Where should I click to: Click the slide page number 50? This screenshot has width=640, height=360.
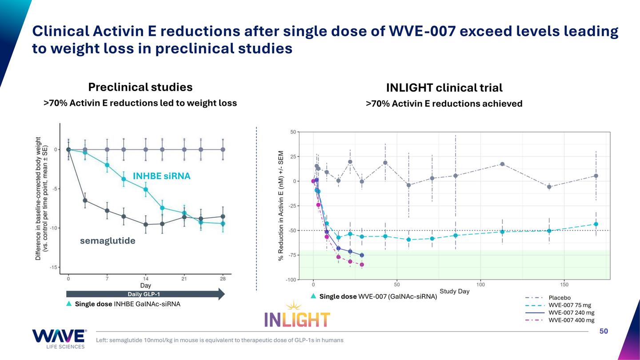(x=604, y=331)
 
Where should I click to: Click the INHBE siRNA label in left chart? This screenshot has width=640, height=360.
(x=162, y=176)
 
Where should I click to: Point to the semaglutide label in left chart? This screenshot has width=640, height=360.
(x=108, y=241)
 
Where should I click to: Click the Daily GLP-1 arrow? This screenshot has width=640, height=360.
(x=145, y=294)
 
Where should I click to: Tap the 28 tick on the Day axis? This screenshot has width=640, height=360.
(x=223, y=279)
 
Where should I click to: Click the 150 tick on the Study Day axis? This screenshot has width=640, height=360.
(x=564, y=284)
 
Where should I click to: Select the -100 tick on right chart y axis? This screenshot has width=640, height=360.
(x=290, y=280)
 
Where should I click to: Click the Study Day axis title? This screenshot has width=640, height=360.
(x=454, y=292)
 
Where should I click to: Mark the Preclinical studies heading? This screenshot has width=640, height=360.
(x=140, y=87)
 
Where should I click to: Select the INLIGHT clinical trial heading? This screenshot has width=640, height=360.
(x=444, y=88)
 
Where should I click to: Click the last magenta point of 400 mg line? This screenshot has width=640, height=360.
(x=362, y=264)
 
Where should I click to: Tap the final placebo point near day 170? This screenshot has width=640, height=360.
(x=596, y=176)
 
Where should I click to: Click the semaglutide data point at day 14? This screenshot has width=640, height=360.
(x=145, y=224)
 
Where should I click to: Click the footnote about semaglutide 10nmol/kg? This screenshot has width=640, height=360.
(x=220, y=340)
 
